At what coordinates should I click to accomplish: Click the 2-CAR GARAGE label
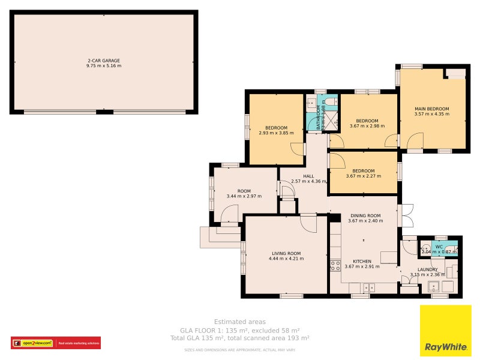tap(104, 61)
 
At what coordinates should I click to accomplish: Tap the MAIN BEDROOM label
tap(432, 109)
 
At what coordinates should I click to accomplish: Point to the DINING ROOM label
tap(365, 215)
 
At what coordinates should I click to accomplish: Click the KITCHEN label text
tap(362, 262)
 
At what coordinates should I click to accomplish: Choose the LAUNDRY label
tap(428, 270)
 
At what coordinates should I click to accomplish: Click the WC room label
tap(439, 247)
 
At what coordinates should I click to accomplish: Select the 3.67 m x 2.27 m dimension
tap(364, 176)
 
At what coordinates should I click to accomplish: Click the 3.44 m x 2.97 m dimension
tap(244, 196)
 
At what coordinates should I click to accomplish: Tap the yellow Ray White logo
tap(445, 331)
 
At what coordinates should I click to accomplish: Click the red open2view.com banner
tap(56, 343)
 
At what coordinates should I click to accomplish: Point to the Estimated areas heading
tap(240, 322)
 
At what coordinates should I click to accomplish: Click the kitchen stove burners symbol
tap(335, 263)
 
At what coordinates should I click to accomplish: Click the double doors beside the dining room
tap(406, 215)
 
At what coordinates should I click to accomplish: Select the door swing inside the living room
tap(309, 223)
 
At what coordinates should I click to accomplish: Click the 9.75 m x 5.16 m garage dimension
tap(104, 65)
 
